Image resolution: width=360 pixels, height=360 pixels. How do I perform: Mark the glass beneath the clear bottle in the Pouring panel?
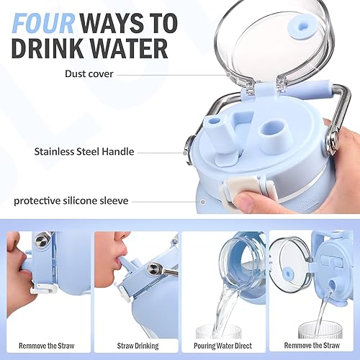(216, 330)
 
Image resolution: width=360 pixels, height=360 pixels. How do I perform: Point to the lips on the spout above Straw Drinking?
(117, 261)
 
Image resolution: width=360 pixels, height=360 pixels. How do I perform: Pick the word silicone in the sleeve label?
(96, 202)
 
